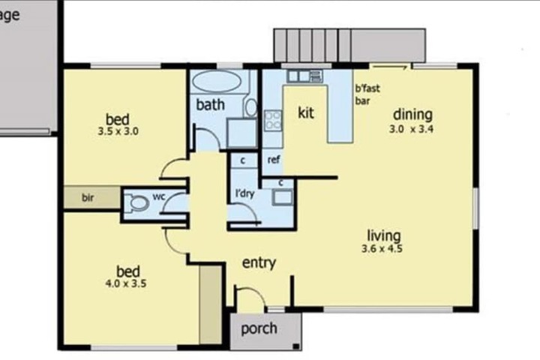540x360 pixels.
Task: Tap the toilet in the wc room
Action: coord(136,202)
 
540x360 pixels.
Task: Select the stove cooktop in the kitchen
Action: coord(273,120)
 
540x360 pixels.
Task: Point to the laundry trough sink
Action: coord(283,197)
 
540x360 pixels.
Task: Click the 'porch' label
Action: coord(259,328)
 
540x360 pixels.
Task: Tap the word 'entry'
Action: coord(259,262)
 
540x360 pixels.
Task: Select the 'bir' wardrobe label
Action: coord(88,197)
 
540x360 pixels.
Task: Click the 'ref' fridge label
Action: coord(274,160)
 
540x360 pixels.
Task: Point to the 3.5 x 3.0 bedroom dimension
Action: coord(118,131)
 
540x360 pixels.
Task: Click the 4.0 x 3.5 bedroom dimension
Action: coord(126,283)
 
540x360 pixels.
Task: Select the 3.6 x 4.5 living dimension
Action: coord(382,248)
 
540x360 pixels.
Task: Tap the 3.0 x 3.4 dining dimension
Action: coord(411,129)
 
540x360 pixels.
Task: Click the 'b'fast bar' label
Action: coord(367,94)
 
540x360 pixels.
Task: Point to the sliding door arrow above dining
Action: coord(390,67)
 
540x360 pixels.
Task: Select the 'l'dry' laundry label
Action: coord(244,193)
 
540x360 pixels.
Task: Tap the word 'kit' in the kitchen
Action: coord(306,112)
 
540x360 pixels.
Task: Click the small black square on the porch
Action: coord(295,346)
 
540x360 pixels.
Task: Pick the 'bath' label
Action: coord(211,104)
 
